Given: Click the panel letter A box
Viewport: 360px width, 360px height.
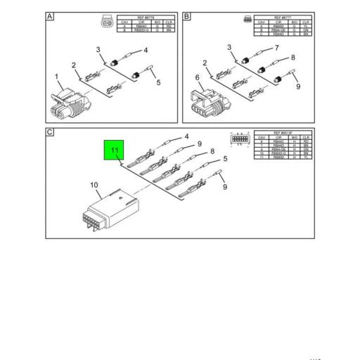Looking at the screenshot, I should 51,15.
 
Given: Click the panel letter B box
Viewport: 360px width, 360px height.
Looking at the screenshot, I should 186,15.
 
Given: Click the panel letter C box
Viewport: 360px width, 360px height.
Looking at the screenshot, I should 51,132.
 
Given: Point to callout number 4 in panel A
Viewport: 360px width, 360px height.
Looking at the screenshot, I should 146,50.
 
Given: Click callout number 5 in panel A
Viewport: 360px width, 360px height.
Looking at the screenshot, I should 158,82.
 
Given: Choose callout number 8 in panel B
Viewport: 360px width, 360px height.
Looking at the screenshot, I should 292,60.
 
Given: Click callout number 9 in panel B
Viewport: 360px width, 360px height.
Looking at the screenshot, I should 297,86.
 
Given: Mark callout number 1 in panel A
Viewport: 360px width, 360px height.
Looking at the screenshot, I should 56,76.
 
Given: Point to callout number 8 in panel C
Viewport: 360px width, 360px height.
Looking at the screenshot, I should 212,150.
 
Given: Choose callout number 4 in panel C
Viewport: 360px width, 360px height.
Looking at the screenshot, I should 187,136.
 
